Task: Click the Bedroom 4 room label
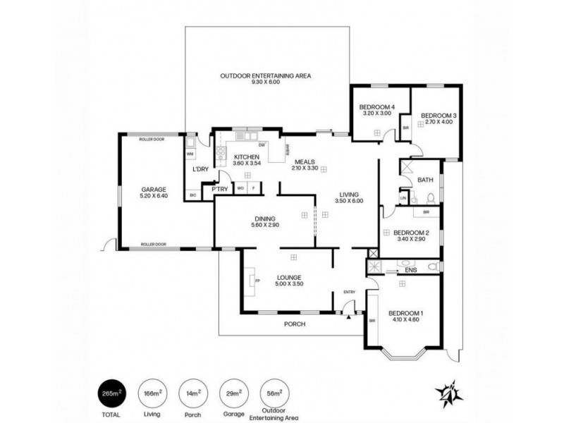click(x=376, y=106)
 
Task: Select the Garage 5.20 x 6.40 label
click(x=153, y=190)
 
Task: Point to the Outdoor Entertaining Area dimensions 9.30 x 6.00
click(x=266, y=82)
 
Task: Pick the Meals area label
click(x=305, y=161)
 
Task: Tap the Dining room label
click(x=264, y=219)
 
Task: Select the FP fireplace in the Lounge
click(x=257, y=281)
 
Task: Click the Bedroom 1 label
click(x=405, y=314)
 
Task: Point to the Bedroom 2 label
click(x=411, y=233)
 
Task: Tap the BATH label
click(x=425, y=180)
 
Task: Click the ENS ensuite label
click(x=412, y=269)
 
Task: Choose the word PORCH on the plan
click(x=294, y=325)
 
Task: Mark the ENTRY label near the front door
click(x=350, y=292)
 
